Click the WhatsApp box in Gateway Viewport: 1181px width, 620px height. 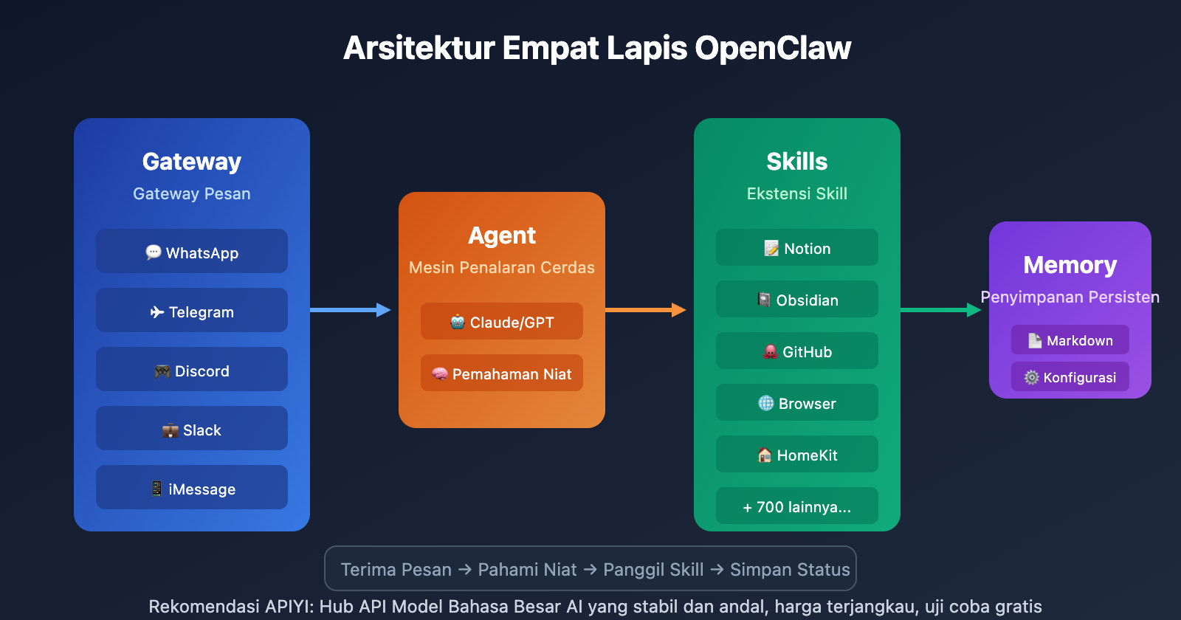click(x=192, y=252)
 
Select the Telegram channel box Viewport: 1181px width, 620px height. click(x=192, y=311)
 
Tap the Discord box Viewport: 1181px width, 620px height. click(x=192, y=370)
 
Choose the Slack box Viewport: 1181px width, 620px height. click(x=192, y=429)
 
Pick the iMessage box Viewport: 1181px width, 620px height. click(x=192, y=488)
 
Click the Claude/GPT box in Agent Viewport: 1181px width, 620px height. click(x=502, y=322)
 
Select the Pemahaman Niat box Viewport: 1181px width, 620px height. click(x=502, y=373)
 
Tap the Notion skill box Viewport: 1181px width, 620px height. click(x=797, y=248)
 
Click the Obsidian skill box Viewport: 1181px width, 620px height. click(x=797, y=300)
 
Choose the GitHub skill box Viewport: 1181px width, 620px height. click(x=797, y=351)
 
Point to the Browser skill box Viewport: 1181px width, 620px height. click(x=797, y=403)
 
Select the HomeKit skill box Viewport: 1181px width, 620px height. click(x=797, y=455)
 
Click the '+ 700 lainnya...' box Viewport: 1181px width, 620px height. click(x=797, y=506)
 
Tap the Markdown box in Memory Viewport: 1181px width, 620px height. click(x=1070, y=340)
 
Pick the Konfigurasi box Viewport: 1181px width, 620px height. click(x=1070, y=377)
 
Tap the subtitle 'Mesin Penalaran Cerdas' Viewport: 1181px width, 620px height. click(x=502, y=267)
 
